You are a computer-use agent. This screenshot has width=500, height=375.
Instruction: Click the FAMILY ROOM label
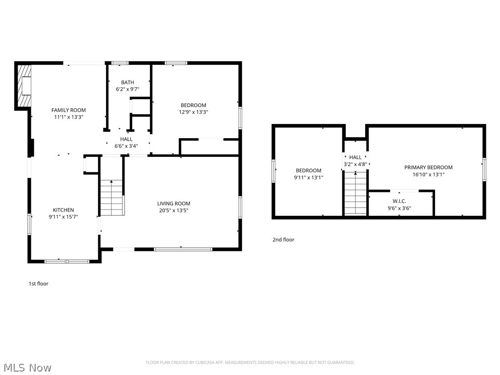(x=68, y=110)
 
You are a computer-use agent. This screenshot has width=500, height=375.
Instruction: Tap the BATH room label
(x=127, y=83)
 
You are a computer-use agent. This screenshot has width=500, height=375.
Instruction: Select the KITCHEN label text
(x=63, y=210)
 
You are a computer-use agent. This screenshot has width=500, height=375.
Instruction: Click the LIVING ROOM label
(x=173, y=204)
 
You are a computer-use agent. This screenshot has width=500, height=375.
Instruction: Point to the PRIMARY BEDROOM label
(x=428, y=167)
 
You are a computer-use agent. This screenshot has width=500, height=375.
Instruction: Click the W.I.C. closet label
(x=399, y=201)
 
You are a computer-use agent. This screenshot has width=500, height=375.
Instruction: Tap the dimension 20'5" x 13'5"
(x=173, y=210)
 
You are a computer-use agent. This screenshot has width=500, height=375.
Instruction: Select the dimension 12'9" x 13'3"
(x=193, y=112)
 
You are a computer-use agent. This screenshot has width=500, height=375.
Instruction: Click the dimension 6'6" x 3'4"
(x=126, y=146)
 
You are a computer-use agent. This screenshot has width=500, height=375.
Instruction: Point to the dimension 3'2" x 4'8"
(x=355, y=164)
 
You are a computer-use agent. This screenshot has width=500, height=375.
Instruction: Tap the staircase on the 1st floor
(x=112, y=197)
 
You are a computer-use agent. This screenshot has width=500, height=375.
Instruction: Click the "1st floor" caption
(x=38, y=284)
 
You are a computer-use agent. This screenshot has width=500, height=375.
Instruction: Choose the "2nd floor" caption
(x=283, y=240)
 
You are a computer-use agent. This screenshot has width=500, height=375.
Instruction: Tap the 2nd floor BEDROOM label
(x=308, y=170)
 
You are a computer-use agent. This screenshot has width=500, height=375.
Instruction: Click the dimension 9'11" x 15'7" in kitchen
(x=63, y=217)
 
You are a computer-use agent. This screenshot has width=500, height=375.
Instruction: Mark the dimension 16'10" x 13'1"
(x=428, y=174)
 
